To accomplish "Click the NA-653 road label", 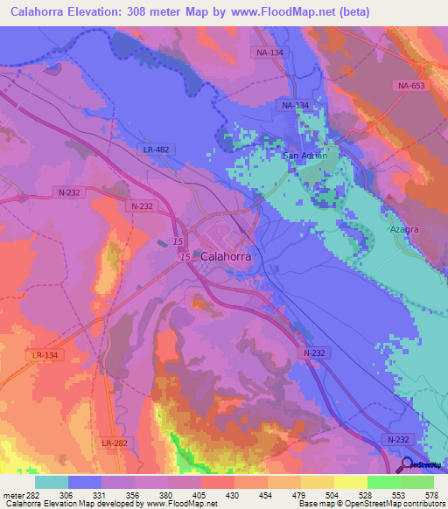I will pyautogui.click(x=405, y=85).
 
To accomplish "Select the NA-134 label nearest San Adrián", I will pyautogui.click(x=296, y=106).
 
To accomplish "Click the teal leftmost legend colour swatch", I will pyautogui.click(x=52, y=482).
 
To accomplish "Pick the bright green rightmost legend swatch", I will pyautogui.click(x=417, y=482).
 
